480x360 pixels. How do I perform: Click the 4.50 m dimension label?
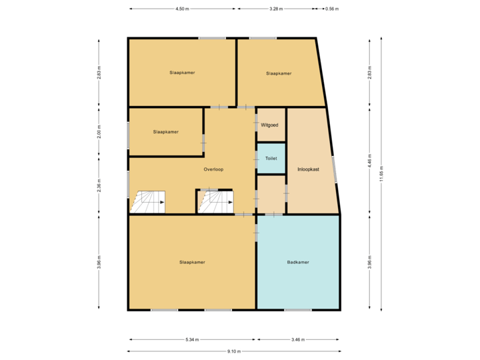181,9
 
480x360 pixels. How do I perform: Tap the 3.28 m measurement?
275,9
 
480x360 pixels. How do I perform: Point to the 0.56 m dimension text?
331,9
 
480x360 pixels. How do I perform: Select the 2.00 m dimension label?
99,132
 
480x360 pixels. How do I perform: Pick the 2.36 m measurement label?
99,185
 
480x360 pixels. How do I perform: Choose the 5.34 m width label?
192,340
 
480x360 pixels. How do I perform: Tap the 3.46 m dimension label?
298,340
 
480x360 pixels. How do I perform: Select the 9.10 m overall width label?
233,351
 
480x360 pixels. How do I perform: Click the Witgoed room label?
269,125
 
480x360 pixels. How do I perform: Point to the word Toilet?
271,159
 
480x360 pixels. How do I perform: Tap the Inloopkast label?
308,169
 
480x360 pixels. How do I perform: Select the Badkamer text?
297,262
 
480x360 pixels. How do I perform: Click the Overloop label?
213,169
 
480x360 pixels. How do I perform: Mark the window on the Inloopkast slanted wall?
335,168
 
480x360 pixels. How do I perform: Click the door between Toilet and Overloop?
257,159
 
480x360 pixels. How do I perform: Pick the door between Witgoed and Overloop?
257,124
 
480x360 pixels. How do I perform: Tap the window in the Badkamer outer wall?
297,310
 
